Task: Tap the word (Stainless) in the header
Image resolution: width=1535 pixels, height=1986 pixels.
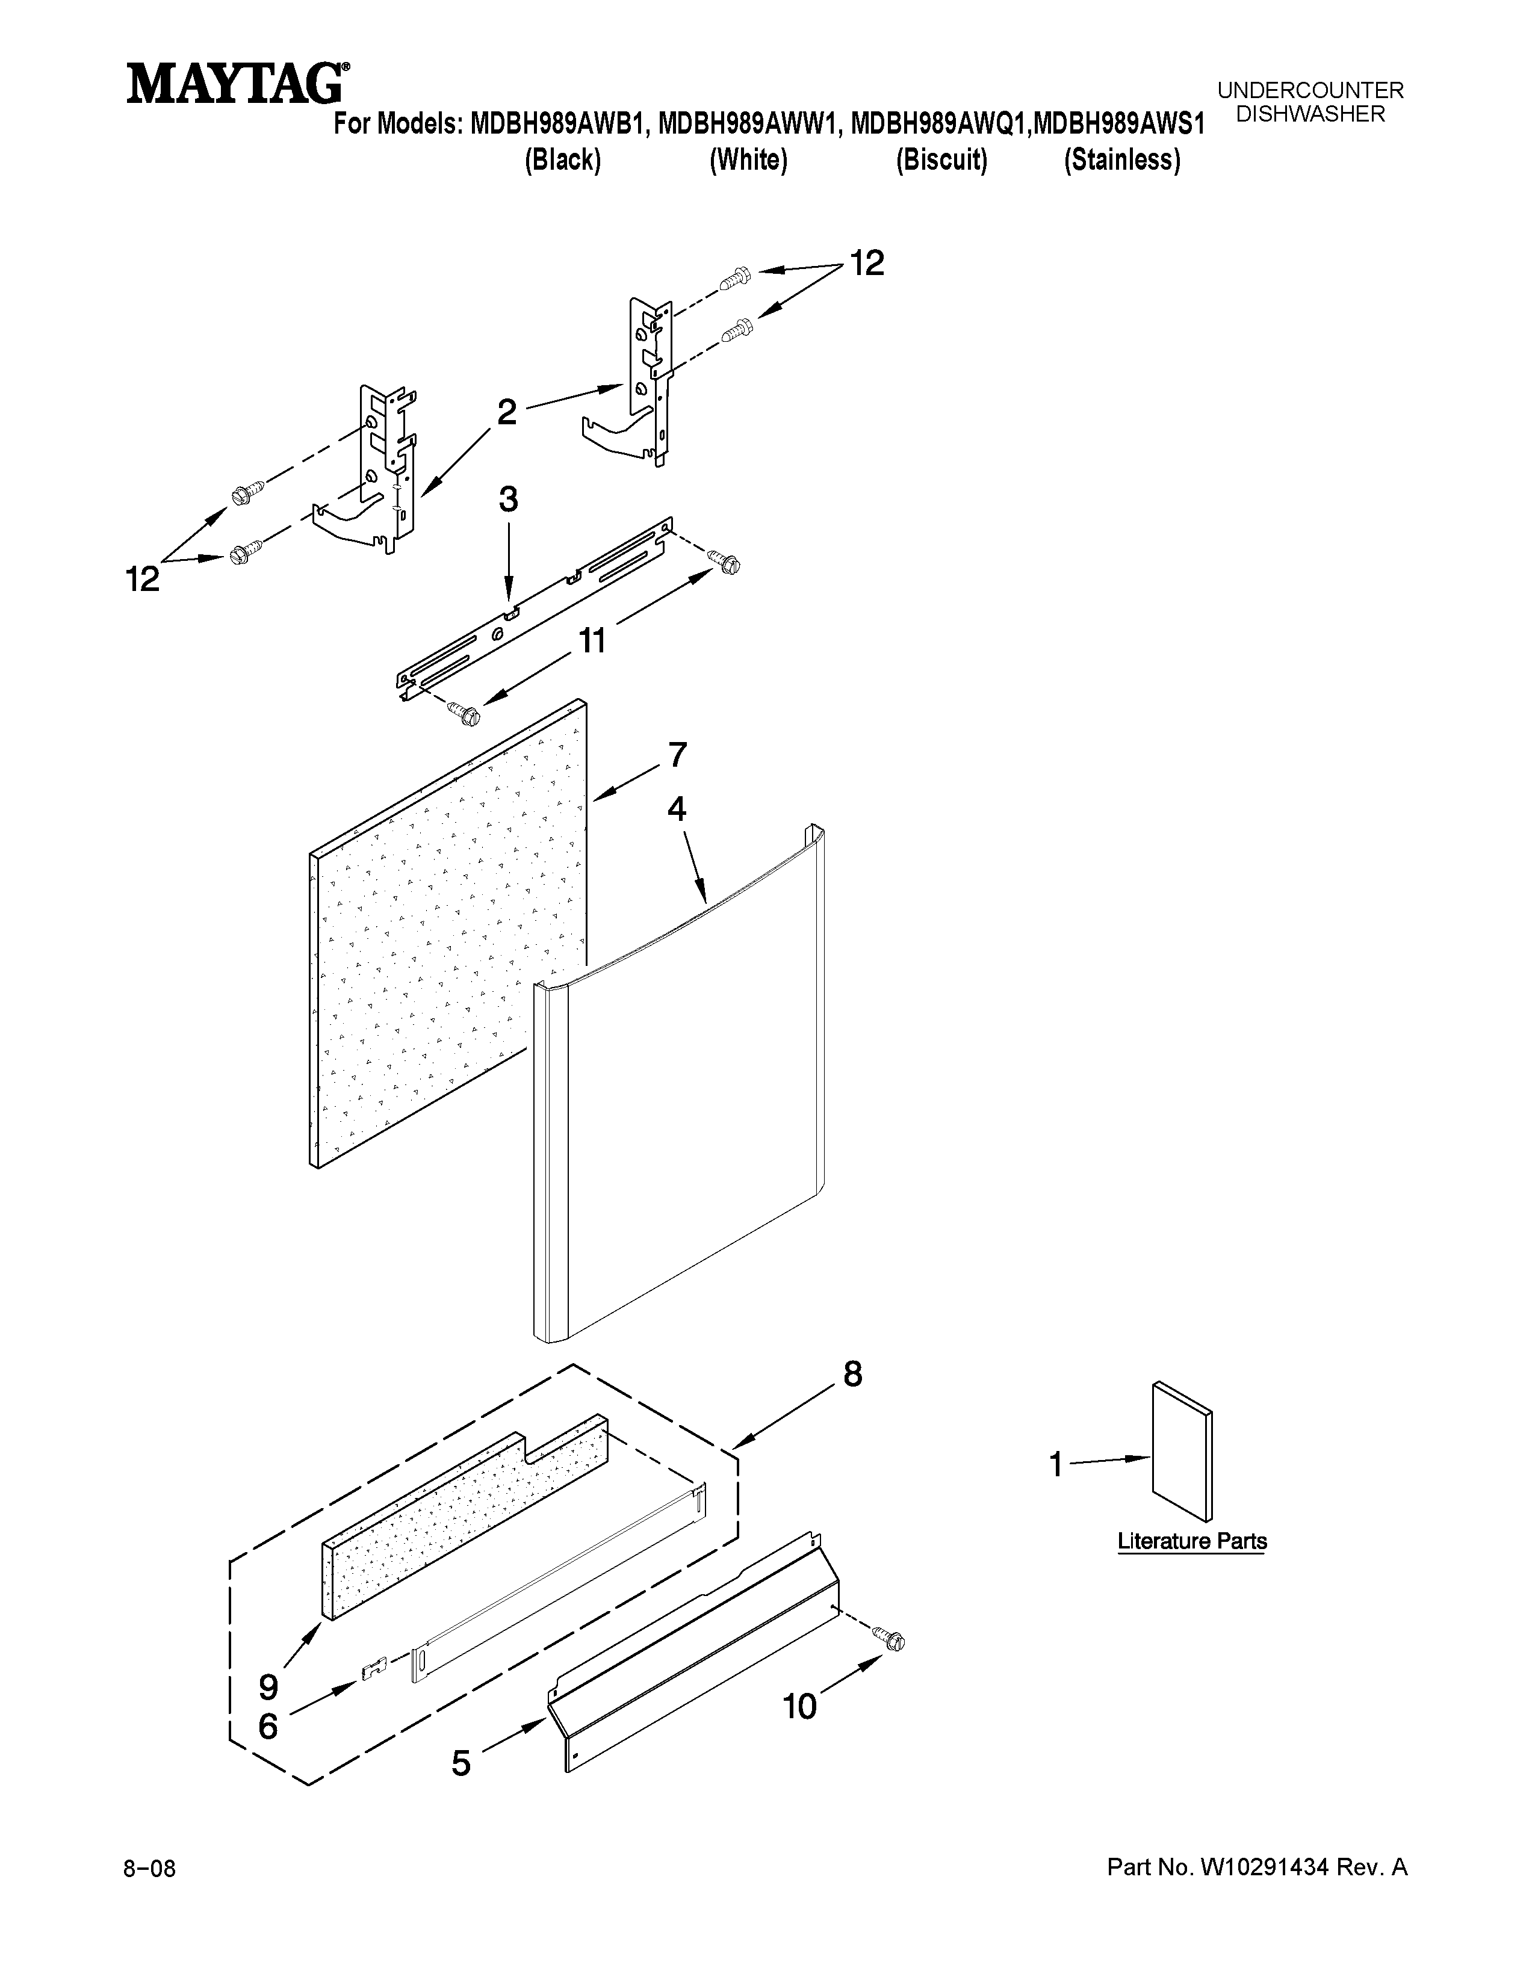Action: pos(1122,161)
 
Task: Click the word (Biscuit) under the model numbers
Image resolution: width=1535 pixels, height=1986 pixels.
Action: pos(941,161)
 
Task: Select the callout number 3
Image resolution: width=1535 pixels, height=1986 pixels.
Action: pos(508,500)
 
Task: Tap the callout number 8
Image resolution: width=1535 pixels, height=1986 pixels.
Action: pos(852,1374)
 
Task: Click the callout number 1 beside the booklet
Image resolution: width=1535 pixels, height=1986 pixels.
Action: pos(1056,1465)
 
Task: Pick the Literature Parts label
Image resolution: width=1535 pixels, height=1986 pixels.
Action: pos(1191,1541)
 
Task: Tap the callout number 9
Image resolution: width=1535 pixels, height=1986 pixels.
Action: pos(268,1687)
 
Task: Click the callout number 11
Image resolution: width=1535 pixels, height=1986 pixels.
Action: pos(592,641)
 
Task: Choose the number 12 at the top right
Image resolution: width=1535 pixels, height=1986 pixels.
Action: pos(867,264)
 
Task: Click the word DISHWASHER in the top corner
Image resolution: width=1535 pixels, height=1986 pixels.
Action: pos(1310,114)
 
